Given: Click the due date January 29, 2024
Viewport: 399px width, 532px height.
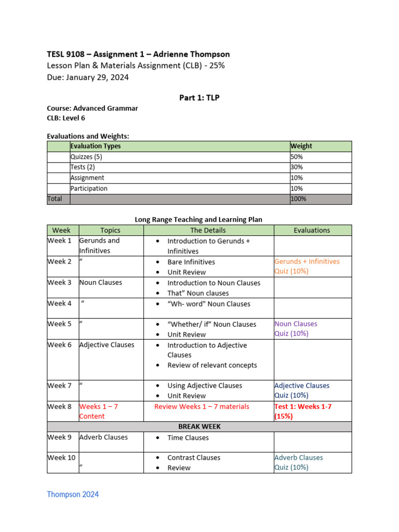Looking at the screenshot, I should point(88,77).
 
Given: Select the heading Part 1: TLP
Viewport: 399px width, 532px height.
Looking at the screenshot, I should point(199,98).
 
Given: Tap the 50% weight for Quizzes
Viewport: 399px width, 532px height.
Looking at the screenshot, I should point(297,156).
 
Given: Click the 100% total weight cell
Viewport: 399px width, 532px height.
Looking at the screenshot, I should point(299,198).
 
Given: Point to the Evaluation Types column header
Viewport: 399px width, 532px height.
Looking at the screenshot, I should point(96,146).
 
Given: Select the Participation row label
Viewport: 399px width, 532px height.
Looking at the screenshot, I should point(89,189).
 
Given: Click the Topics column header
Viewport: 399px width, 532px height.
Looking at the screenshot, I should point(110,230).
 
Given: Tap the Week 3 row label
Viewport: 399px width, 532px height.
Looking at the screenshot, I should point(60,283).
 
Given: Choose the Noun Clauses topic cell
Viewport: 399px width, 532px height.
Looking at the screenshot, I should point(101,283).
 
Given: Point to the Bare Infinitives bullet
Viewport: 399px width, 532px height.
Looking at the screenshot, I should point(191,262).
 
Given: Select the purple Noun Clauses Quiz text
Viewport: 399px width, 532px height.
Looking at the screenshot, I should point(296,329).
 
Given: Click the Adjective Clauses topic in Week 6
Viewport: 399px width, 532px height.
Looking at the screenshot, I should point(107,345).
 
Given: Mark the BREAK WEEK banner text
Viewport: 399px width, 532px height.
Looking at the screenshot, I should point(199,427).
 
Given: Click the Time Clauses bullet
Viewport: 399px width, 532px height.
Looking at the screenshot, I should point(188,437).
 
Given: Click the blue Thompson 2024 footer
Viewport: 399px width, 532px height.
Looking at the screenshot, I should point(73,494).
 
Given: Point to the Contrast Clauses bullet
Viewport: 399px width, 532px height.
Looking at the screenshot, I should point(193,458).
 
